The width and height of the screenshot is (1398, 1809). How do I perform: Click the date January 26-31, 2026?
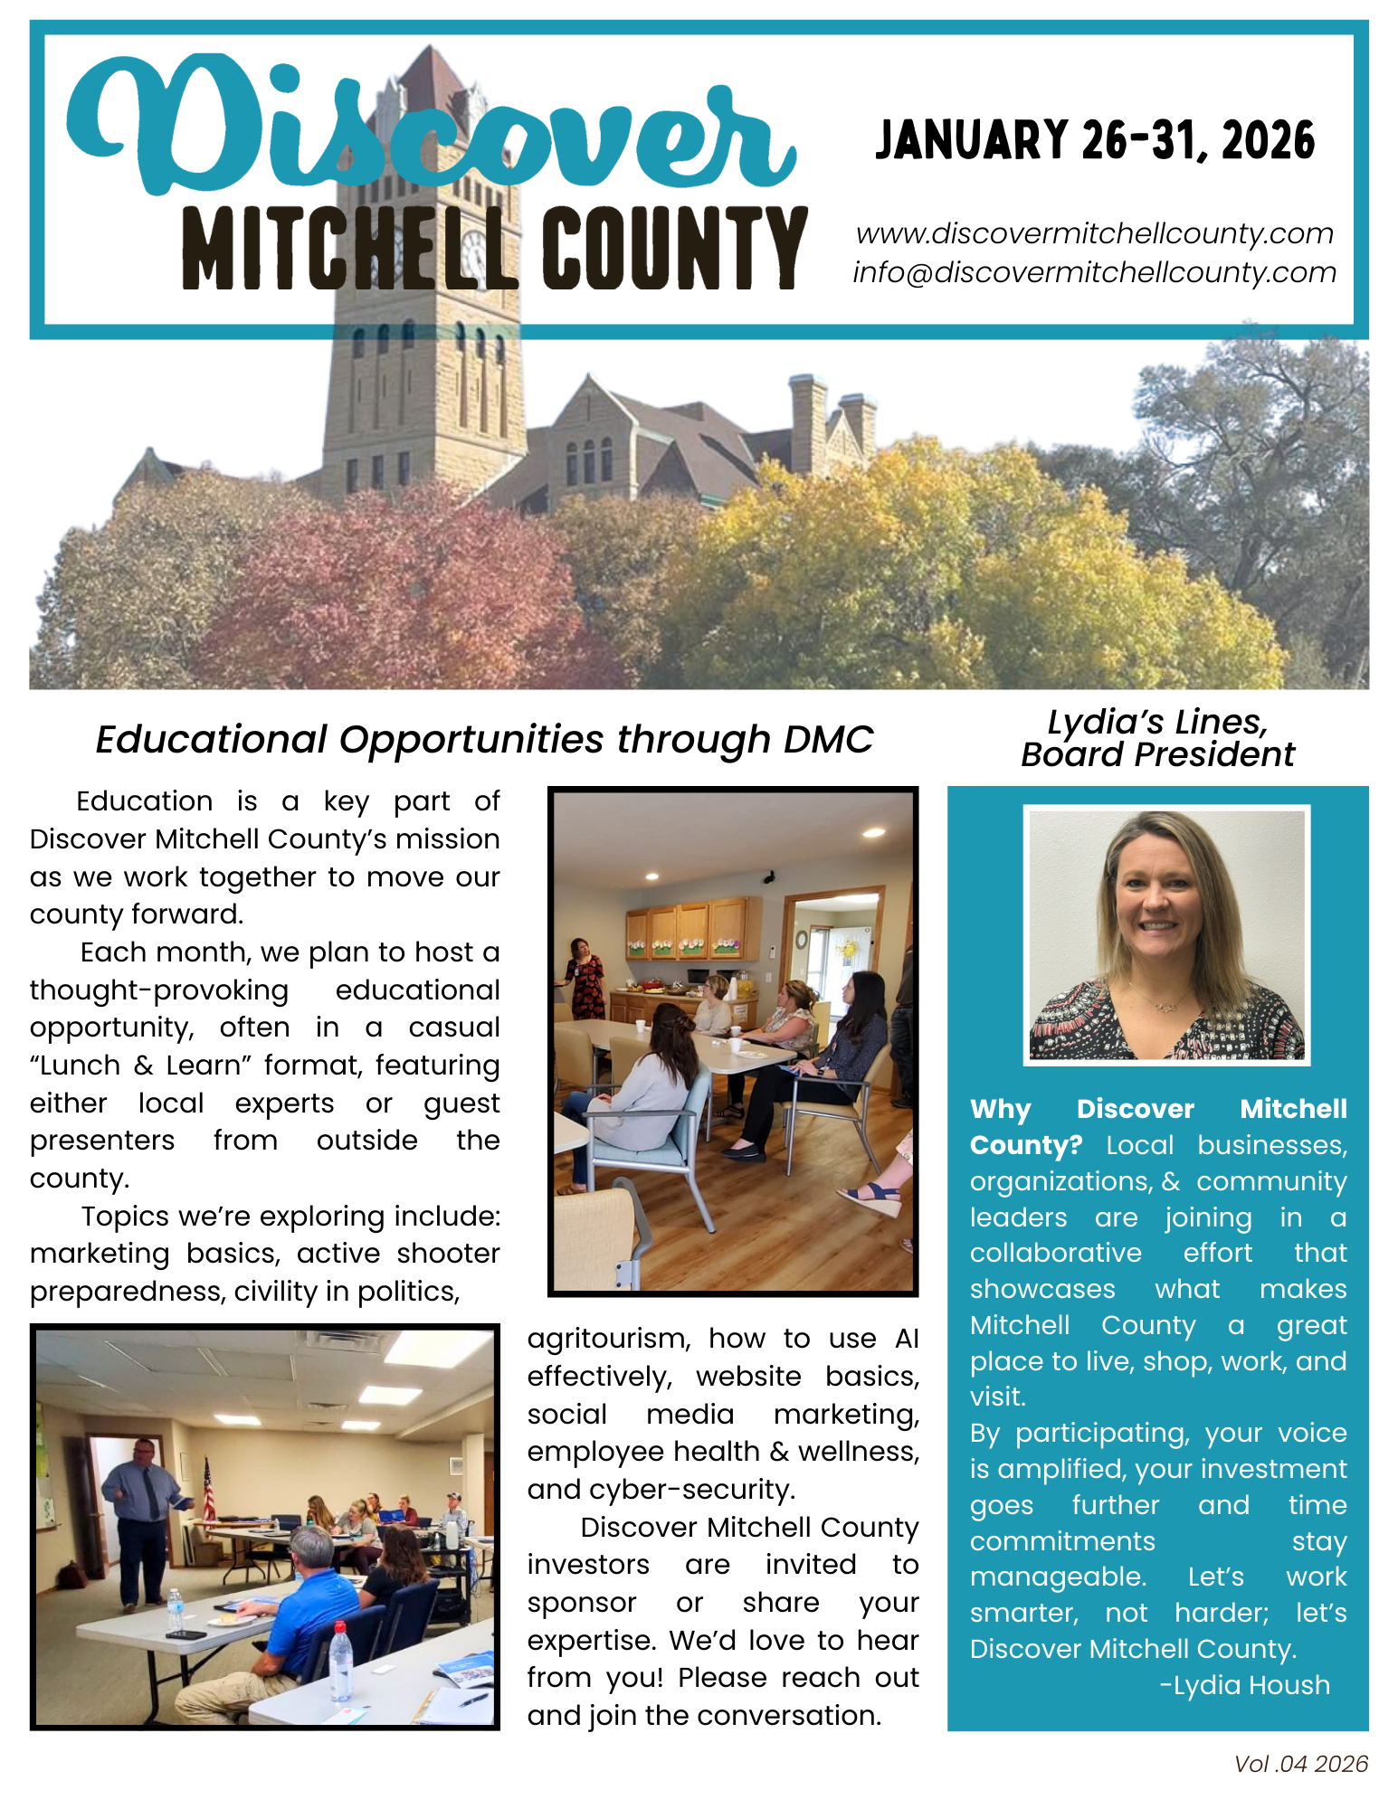tap(1095, 141)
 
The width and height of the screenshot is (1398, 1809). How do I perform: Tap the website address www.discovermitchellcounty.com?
tap(1095, 233)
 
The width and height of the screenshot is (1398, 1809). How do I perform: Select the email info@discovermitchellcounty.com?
tap(1095, 272)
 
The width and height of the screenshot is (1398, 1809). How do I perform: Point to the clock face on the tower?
tap(473, 253)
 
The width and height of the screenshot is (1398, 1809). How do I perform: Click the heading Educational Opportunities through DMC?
tap(484, 739)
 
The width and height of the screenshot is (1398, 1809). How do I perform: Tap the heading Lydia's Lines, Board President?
tap(1157, 738)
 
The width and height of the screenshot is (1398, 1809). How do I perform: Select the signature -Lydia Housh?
tap(1244, 1685)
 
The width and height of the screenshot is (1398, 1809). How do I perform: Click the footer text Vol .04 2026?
tap(1300, 1764)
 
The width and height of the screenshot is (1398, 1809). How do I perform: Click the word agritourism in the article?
tap(609, 1338)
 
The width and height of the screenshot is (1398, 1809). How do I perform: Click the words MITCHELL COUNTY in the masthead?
tap(494, 250)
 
